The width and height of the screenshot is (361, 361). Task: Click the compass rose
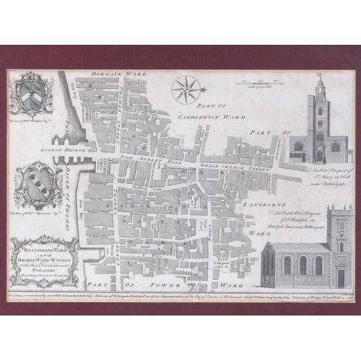186,90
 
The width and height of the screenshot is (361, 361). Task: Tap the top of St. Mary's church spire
318,77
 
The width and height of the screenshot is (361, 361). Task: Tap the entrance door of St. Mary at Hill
318,155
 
